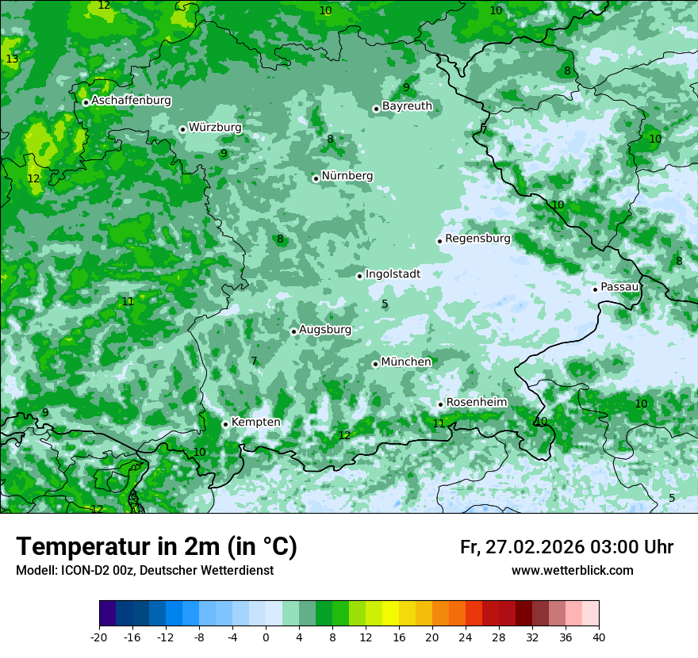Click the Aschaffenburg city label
coord(131,101)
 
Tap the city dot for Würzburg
coord(182,129)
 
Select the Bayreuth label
coord(407,106)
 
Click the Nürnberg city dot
coord(316,178)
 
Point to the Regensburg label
coord(477,239)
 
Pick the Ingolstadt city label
coord(393,274)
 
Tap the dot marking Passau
coord(595,289)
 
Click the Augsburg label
coord(324,330)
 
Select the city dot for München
coord(375,364)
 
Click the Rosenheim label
coord(476,403)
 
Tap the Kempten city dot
coord(225,424)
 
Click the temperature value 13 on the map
coord(12,59)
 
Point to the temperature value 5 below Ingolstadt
coord(385,304)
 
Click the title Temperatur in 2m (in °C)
coord(156,547)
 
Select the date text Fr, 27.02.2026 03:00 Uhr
coord(566,547)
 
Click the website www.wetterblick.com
coord(572,571)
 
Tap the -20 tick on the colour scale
coord(99,637)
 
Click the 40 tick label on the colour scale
coord(598,637)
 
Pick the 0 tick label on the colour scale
coord(266,637)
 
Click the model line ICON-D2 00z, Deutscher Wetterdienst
coord(144,571)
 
